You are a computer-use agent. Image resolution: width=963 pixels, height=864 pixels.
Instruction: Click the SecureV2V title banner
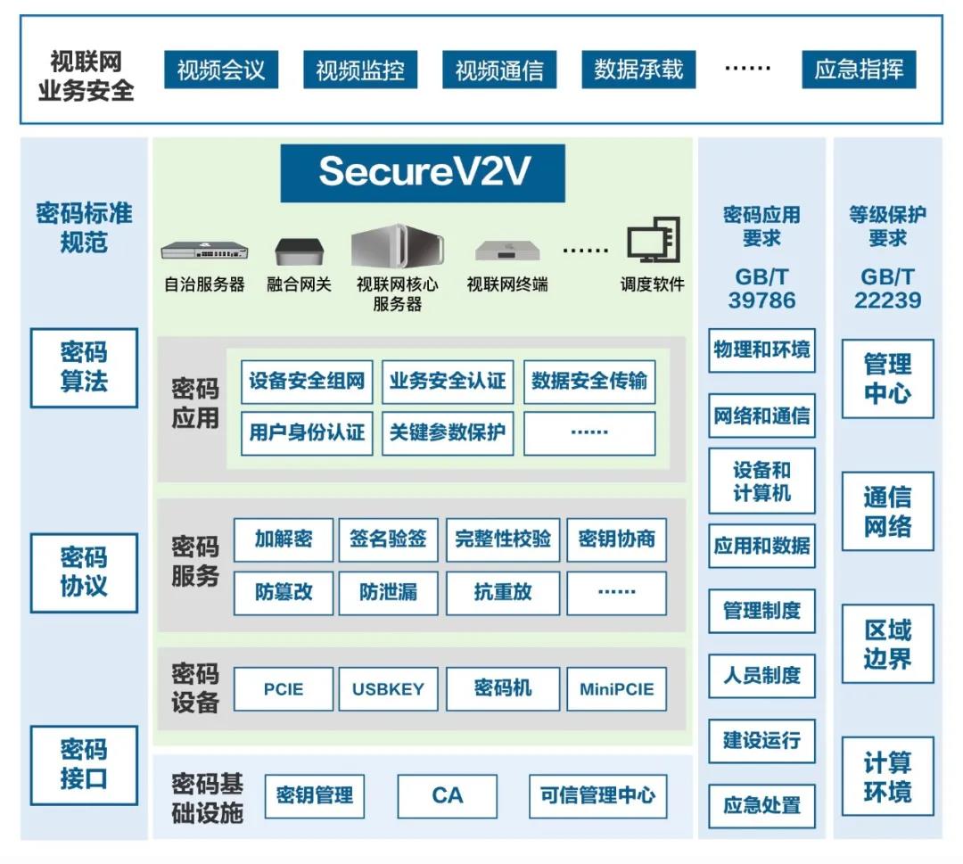pyautogui.click(x=423, y=173)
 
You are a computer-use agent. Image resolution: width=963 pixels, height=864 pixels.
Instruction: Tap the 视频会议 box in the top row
pyautogui.click(x=220, y=70)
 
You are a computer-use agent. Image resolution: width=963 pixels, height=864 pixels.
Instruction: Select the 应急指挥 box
pyautogui.click(x=858, y=70)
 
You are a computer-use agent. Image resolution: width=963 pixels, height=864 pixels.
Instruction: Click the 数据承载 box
pyautogui.click(x=638, y=70)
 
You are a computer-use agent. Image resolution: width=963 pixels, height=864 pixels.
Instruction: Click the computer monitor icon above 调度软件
pyautogui.click(x=653, y=241)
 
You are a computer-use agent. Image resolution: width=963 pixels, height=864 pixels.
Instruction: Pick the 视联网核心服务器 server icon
pyautogui.click(x=397, y=246)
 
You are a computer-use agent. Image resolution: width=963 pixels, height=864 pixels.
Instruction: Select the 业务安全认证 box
pyautogui.click(x=448, y=383)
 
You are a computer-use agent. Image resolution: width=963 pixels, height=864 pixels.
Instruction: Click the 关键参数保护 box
pyautogui.click(x=448, y=433)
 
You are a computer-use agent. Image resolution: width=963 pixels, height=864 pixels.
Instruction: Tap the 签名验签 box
pyautogui.click(x=388, y=539)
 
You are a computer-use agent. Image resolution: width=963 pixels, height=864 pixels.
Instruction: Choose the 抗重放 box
pyautogui.click(x=503, y=593)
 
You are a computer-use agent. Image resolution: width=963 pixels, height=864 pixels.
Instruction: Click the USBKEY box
pyautogui.click(x=388, y=689)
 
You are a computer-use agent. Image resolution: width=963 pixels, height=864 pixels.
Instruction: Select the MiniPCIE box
pyautogui.click(x=616, y=689)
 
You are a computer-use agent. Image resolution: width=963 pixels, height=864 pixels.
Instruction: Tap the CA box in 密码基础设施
pyautogui.click(x=447, y=795)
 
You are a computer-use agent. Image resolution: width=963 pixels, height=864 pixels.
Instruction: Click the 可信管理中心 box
pyautogui.click(x=597, y=795)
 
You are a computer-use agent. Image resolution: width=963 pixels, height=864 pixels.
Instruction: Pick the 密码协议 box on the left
pyautogui.click(x=84, y=572)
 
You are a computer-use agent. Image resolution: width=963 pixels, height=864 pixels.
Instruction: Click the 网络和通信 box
pyautogui.click(x=761, y=416)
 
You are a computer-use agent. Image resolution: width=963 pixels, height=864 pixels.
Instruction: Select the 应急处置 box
pyautogui.click(x=761, y=805)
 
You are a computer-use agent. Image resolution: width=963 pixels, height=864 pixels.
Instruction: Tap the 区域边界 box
pyautogui.click(x=887, y=644)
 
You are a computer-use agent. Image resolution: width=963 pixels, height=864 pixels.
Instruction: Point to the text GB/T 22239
pyautogui.click(x=887, y=288)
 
